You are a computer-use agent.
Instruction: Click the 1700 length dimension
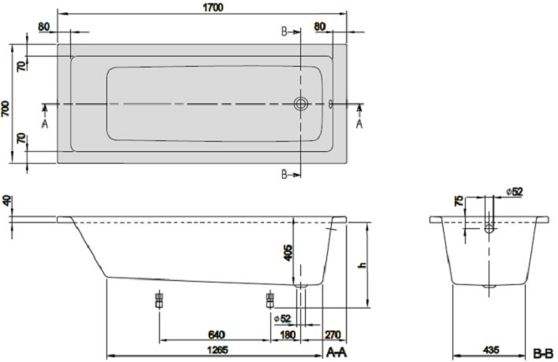pos(213,7)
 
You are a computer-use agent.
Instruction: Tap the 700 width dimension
pos(6,109)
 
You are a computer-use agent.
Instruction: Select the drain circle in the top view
pos(301,104)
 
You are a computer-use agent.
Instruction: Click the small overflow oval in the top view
pos(330,104)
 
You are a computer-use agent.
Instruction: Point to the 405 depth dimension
pos(288,253)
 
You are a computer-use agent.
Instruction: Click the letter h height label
pos(363,265)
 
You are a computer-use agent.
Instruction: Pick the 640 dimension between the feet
pos(217,334)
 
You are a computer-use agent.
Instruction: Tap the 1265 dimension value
pos(218,350)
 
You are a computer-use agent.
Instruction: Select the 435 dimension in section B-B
pos(491,350)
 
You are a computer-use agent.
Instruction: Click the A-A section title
pos(337,353)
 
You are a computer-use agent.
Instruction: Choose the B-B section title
pos(543,354)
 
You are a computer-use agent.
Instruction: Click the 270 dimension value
pos(333,334)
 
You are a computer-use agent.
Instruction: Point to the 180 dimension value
pos(288,334)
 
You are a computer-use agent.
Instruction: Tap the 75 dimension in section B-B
pos(459,201)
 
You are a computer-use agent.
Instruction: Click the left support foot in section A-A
pos(159,300)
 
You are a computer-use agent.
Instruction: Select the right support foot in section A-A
pos(270,300)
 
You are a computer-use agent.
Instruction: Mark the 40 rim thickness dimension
pos(7,201)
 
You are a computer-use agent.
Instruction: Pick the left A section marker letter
pos(45,124)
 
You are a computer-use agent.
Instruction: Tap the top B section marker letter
pos(284,32)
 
